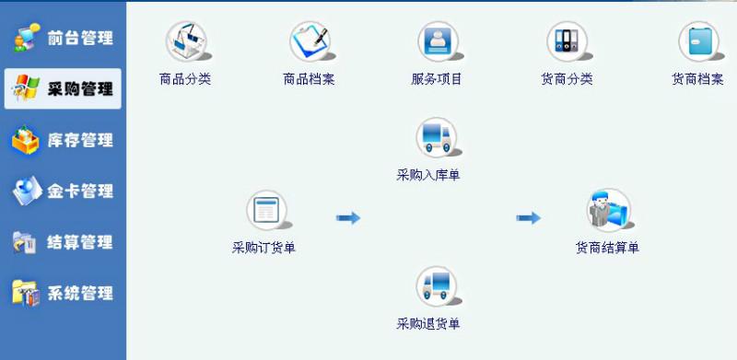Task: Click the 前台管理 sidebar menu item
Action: pos(63,39)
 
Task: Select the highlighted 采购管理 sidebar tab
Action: pos(63,89)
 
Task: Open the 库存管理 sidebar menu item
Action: pos(63,141)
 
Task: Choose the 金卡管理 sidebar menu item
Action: pos(63,192)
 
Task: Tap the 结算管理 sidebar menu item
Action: pos(63,242)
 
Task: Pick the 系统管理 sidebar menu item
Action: pos(63,294)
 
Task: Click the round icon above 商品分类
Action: pos(185,41)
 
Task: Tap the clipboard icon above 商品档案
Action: pos(310,41)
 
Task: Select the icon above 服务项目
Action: pos(437,41)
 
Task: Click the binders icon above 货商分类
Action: pos(566,41)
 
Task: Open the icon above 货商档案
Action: pos(698,41)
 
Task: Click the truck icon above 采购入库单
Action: pos(436,137)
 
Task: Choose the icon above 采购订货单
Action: pos(266,211)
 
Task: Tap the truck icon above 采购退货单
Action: pos(436,286)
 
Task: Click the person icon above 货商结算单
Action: pos(608,210)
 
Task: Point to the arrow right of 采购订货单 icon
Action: pos(347,218)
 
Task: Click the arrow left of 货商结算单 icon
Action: pos(528,218)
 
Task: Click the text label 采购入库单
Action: pos(428,174)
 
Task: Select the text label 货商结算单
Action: pos(607,248)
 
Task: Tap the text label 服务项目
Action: pos(437,79)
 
